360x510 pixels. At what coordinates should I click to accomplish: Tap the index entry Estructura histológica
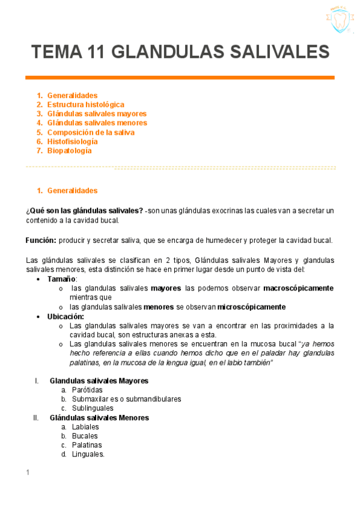pyautogui.click(x=85, y=105)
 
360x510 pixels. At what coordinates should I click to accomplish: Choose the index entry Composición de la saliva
pyautogui.click(x=91, y=132)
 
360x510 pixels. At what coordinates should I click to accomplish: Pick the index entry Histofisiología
pyautogui.click(x=72, y=141)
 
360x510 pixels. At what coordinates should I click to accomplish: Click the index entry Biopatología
pyautogui.click(x=69, y=151)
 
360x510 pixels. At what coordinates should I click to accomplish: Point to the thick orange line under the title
pyautogui.click(x=180, y=78)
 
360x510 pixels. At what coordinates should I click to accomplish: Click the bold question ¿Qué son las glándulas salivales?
pyautogui.click(x=84, y=210)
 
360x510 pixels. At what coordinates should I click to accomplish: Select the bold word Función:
pyautogui.click(x=41, y=240)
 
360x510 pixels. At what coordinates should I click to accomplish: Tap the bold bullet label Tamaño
pyautogui.click(x=61, y=279)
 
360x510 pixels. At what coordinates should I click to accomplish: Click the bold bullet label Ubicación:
pyautogui.click(x=66, y=316)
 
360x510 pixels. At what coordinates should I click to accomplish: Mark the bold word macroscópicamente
pyautogui.click(x=298, y=288)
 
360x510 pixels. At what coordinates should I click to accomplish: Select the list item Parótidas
pyautogui.click(x=87, y=390)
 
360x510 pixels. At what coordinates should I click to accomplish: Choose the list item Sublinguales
pyautogui.click(x=93, y=408)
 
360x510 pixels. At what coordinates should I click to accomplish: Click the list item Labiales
pyautogui.click(x=85, y=426)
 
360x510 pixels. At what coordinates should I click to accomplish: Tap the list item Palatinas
pyautogui.click(x=87, y=445)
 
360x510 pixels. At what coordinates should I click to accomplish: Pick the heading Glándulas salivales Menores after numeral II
pyautogui.click(x=99, y=417)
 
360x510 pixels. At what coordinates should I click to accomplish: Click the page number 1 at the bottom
pyautogui.click(x=28, y=473)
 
